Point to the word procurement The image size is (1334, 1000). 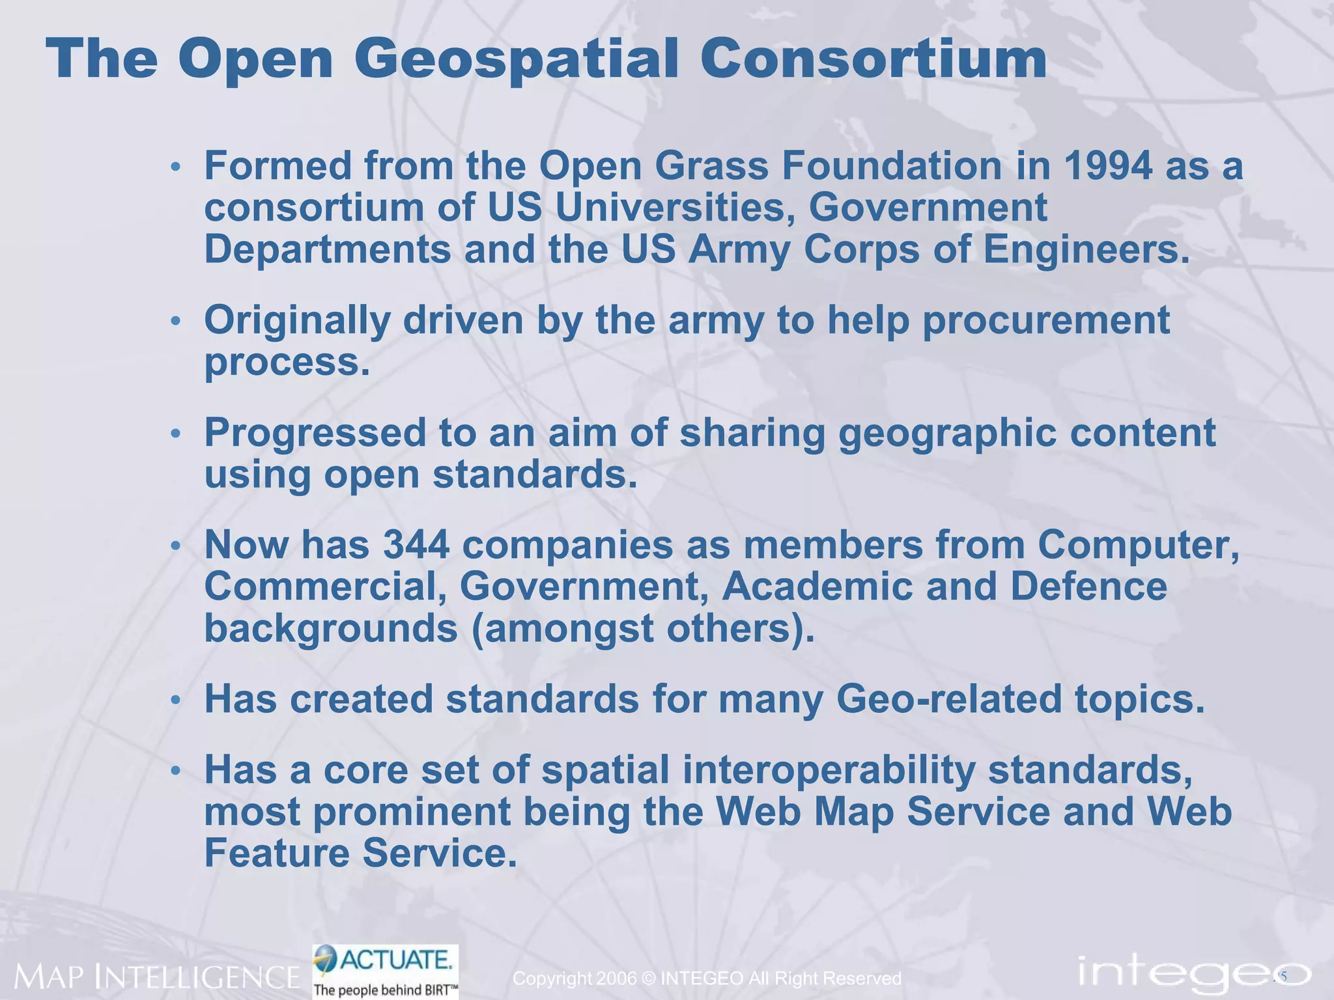pos(1046,320)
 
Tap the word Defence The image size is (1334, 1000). pos(1088,586)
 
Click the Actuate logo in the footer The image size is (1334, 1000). pos(386,970)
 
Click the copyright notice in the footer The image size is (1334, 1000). pos(707,979)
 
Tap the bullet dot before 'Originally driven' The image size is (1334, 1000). pos(175,322)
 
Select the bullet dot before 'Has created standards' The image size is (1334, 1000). pos(175,701)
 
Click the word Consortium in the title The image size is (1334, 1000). pos(873,61)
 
